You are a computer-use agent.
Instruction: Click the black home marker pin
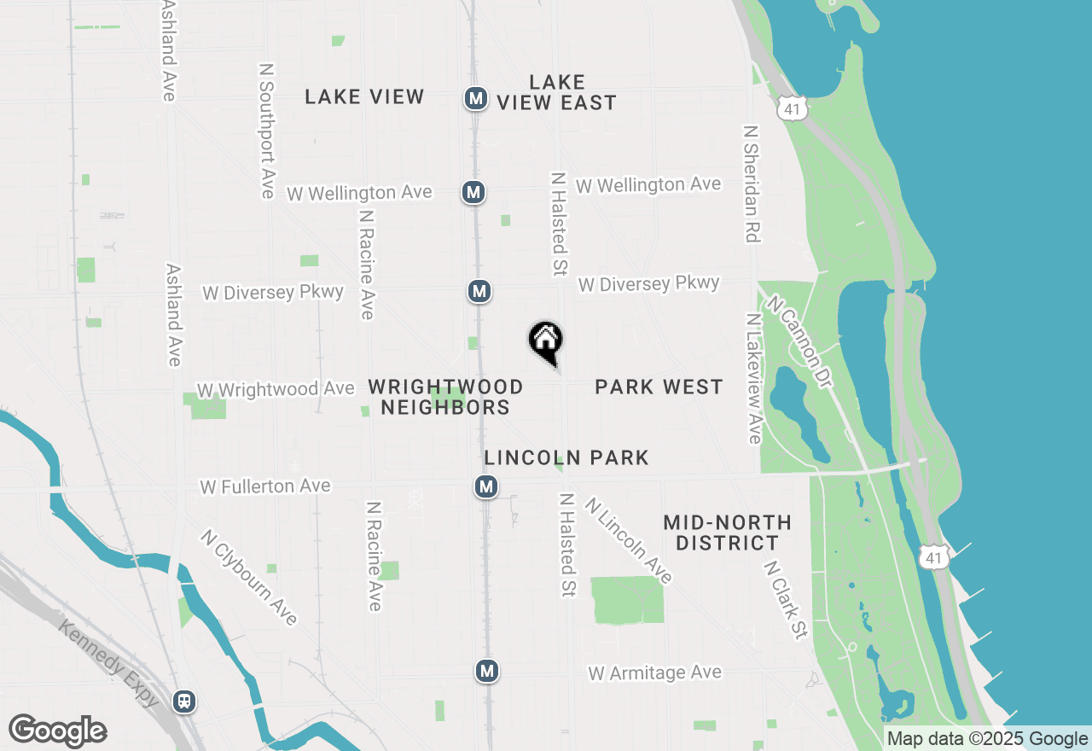point(546,341)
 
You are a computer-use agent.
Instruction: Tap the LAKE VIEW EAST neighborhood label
point(556,92)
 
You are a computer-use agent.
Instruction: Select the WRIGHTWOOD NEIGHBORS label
point(445,397)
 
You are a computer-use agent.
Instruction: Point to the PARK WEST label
point(659,387)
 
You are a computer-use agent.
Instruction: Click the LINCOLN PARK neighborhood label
point(566,458)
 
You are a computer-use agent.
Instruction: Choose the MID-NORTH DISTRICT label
point(727,533)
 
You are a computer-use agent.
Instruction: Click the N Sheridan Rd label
point(751,184)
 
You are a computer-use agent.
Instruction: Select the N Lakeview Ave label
point(754,378)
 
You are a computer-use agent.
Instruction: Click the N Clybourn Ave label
point(248,577)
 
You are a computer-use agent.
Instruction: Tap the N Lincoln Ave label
point(629,541)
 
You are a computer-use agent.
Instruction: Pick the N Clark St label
point(786,600)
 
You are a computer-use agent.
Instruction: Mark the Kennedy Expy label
point(108,663)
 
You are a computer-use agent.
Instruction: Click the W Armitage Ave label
point(654,673)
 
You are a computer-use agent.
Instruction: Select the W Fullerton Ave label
point(264,486)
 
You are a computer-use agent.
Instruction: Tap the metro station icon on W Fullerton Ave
point(486,487)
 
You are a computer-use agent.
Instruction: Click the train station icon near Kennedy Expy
point(183,702)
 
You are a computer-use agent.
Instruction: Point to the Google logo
point(57,731)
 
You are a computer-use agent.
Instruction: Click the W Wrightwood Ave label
point(275,390)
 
